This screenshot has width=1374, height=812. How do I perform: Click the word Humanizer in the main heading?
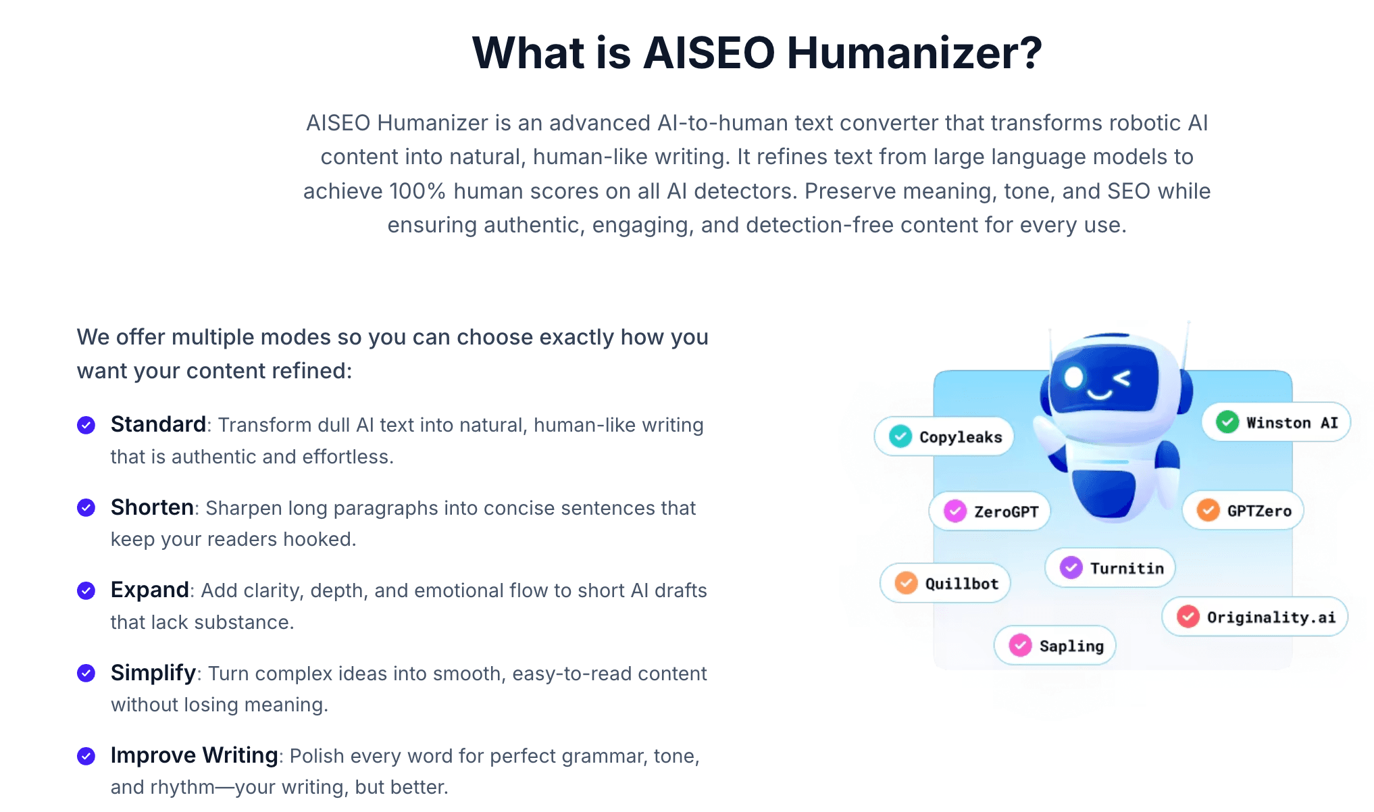coord(915,53)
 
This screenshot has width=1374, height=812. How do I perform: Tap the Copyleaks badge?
coord(944,437)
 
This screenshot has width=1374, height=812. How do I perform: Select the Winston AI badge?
coord(1276,423)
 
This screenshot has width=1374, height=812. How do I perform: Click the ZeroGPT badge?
coord(990,511)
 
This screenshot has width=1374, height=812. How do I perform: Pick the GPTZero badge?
coord(1243,511)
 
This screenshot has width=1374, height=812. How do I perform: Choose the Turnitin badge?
coord(1111,568)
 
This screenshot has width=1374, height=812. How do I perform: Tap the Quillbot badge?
coord(946,583)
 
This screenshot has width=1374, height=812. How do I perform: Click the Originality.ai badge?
coord(1255,617)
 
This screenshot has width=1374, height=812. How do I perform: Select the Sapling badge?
coord(1055,646)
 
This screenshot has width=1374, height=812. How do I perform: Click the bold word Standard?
coord(158,424)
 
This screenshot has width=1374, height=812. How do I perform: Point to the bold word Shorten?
coord(152,507)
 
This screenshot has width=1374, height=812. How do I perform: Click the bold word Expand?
coord(149,590)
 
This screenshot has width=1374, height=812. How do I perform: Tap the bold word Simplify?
coord(153,673)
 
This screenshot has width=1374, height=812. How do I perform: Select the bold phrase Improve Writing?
coord(194,755)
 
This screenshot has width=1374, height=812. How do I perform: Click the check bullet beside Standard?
coord(86,425)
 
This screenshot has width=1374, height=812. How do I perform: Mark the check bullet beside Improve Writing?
coord(86,756)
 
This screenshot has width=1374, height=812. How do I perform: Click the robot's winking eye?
coord(1122,378)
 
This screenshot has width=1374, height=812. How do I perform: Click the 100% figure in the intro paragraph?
coord(417,191)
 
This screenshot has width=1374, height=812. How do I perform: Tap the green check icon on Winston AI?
coord(1227,422)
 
